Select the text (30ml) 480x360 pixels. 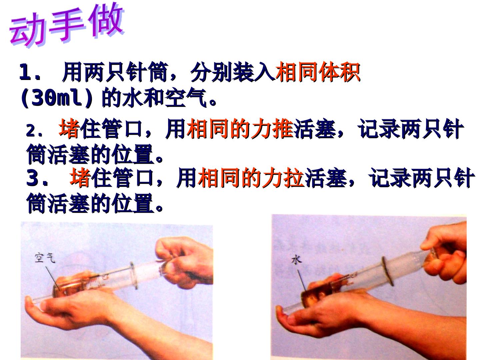pos(56,98)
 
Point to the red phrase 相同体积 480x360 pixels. pos(318,72)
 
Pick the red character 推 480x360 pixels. pos(283,129)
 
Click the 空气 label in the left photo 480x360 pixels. pos(45,258)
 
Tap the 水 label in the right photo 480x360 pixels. pos(297,260)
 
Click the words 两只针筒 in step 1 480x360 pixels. pos(126,72)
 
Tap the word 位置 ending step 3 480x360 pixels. pos(133,203)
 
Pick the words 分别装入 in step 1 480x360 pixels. pos(232,72)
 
